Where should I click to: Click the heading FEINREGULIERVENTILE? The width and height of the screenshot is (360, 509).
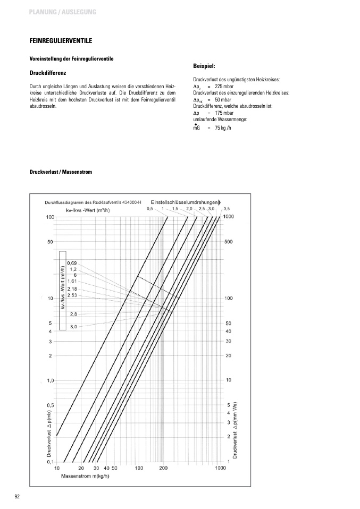click(61, 40)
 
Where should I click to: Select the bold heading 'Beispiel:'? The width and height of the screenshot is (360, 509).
click(204, 66)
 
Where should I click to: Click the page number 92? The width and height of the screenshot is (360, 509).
click(17, 496)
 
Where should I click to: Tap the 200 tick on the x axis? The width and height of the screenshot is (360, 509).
click(163, 468)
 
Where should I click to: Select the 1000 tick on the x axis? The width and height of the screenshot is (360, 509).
click(220, 468)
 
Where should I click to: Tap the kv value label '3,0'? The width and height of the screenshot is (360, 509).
click(73, 326)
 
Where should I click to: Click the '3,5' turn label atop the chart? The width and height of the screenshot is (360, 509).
click(226, 208)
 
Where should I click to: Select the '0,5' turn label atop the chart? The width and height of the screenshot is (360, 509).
click(149, 209)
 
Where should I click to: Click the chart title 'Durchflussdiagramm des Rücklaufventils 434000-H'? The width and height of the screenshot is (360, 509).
click(93, 202)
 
